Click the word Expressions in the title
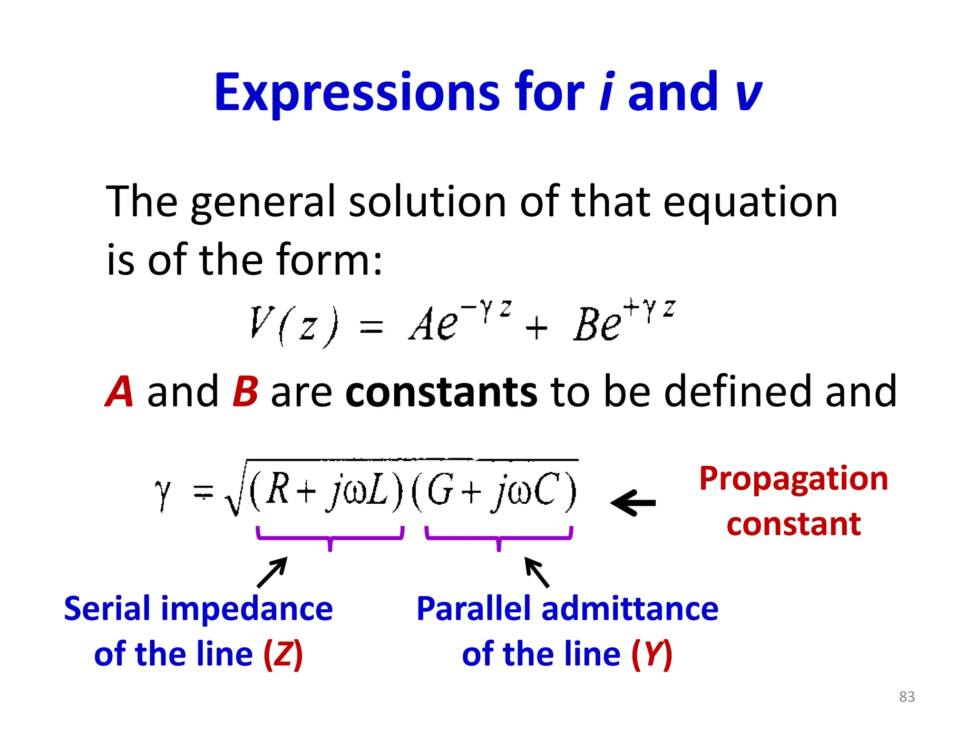357,92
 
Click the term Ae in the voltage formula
433,324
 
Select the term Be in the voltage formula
597,324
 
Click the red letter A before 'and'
118,392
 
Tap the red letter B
245,392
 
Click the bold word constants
441,392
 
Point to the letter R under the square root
278,490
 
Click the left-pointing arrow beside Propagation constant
633,503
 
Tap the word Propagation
793,479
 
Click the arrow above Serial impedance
272,572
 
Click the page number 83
906,697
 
